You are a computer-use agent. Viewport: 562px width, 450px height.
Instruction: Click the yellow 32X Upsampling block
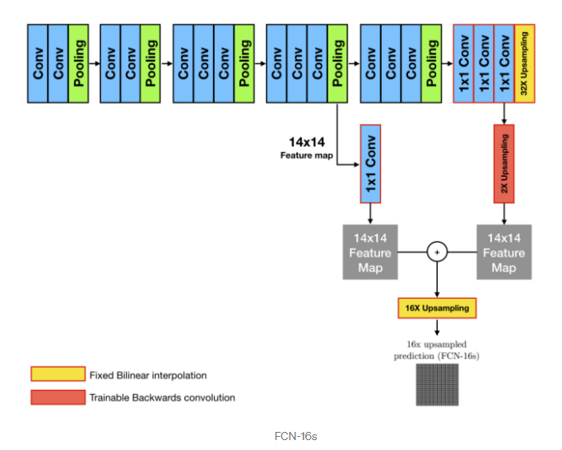(x=524, y=63)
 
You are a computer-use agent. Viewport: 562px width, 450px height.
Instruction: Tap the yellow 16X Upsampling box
(x=436, y=309)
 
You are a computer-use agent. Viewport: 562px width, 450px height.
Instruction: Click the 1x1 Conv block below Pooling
(x=369, y=164)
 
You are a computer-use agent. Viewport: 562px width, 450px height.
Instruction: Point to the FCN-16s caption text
(x=295, y=435)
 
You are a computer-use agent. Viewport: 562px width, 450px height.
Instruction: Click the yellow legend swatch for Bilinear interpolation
(x=58, y=375)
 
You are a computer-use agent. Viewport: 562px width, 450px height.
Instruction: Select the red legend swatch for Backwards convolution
(x=58, y=397)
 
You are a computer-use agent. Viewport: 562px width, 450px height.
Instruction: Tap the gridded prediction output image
(x=436, y=383)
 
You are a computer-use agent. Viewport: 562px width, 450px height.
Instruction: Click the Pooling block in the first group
(x=78, y=63)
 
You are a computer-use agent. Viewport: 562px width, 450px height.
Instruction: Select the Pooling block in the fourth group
(x=337, y=63)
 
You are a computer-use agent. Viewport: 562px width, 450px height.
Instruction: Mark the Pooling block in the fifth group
(x=431, y=63)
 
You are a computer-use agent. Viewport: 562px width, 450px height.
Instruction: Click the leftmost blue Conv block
(x=37, y=63)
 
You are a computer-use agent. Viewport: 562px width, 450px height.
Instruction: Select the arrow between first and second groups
(x=94, y=63)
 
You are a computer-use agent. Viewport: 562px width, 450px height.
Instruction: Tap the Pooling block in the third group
(x=244, y=63)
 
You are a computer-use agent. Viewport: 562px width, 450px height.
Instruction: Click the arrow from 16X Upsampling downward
(x=436, y=327)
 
